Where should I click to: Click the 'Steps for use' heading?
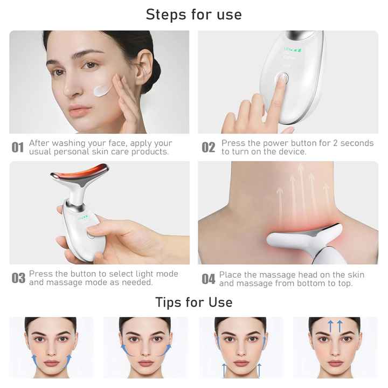coord(193,15)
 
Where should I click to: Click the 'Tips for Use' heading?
coord(193,302)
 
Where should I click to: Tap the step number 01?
coord(18,148)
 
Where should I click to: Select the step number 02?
coord(208,148)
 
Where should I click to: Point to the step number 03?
coord(18,279)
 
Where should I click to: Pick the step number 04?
coord(209,279)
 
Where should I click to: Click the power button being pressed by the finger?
coord(280,79)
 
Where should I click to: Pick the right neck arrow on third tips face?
coord(259,370)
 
